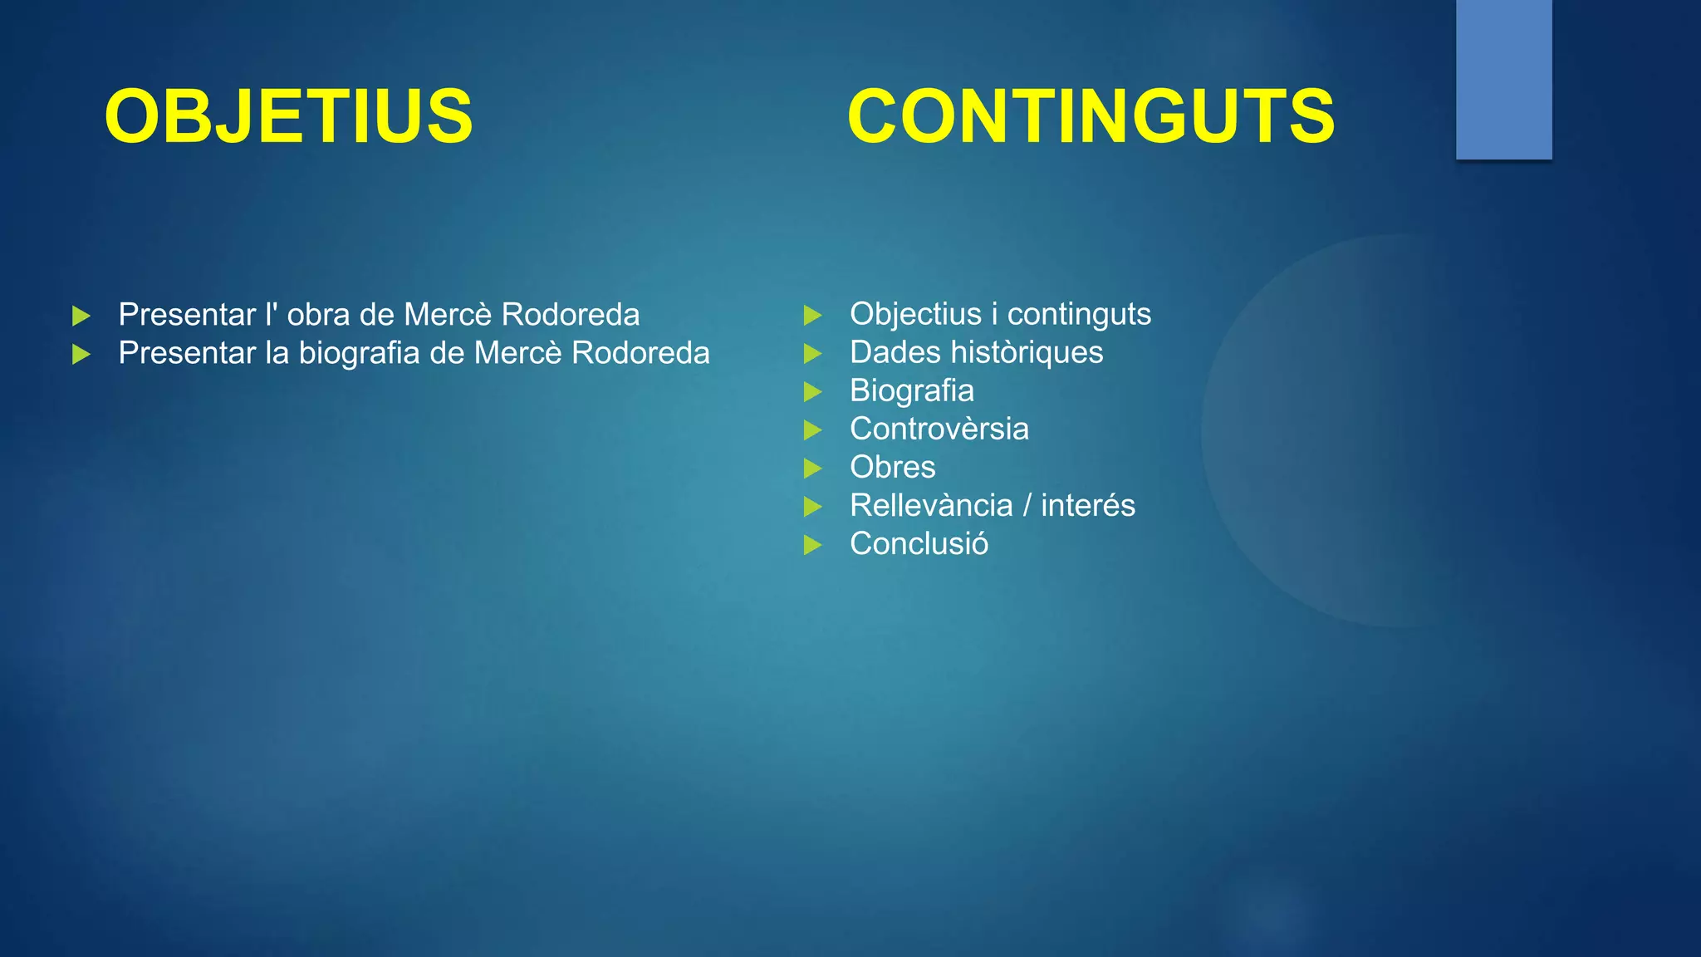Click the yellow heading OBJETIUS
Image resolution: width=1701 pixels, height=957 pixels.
coord(288,116)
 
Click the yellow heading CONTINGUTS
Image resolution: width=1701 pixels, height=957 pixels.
coord(1091,116)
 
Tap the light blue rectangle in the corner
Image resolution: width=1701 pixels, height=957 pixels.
coord(1503,79)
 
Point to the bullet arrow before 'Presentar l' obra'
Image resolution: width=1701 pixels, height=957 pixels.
coord(81,316)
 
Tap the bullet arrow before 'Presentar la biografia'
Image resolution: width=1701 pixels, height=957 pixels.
coord(81,355)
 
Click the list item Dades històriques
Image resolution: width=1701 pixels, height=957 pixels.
coord(976,352)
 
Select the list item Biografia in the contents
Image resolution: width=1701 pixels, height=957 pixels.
coord(911,390)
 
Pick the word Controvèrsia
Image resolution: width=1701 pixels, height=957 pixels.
coord(939,429)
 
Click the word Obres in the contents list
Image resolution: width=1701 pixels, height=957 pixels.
coord(892,467)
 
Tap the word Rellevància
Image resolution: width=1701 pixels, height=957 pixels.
coord(931,505)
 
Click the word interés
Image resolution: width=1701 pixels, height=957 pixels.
coord(1088,505)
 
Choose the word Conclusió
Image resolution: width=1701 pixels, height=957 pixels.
coord(919,543)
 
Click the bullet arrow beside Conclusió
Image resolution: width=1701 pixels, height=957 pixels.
coord(812,545)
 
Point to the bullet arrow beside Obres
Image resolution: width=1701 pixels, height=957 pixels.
coord(812,469)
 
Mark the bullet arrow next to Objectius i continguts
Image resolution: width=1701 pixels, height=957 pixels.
coord(812,315)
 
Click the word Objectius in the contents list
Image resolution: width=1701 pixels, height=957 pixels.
coord(915,314)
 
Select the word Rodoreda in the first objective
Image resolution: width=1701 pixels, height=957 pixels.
coord(571,315)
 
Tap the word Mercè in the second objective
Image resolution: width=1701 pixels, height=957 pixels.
coord(517,353)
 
